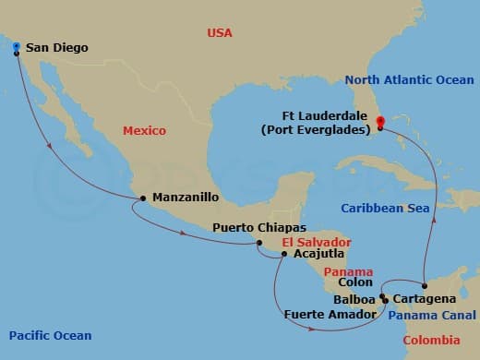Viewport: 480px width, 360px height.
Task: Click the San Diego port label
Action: (x=57, y=47)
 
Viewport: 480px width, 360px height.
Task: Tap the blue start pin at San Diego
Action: (x=17, y=44)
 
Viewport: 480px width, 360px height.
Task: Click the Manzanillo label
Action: (x=185, y=197)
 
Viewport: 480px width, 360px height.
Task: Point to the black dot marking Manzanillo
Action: (x=142, y=198)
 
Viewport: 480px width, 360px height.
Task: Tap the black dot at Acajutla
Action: (x=284, y=254)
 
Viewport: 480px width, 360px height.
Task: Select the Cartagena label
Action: (x=424, y=299)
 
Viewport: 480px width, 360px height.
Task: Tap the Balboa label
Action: (x=355, y=299)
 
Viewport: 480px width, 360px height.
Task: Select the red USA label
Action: (x=220, y=33)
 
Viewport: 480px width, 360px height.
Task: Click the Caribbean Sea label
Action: (x=386, y=209)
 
